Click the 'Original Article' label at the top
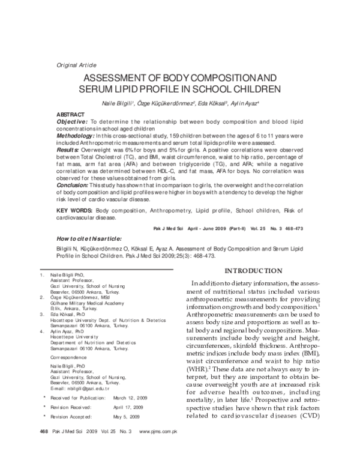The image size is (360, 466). click(76, 65)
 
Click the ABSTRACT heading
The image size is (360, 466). click(70, 114)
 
